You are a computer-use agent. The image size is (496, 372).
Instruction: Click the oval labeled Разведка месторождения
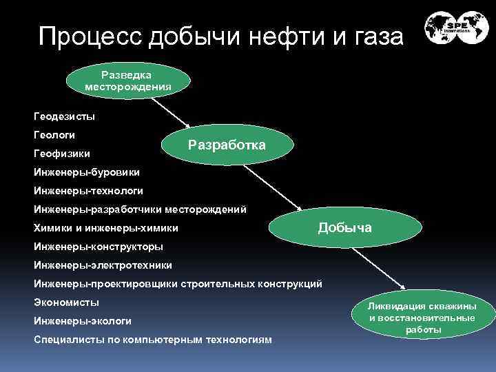tap(128, 81)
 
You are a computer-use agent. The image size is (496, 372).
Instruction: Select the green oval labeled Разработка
tap(227, 145)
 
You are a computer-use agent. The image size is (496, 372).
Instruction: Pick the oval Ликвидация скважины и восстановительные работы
tap(422, 318)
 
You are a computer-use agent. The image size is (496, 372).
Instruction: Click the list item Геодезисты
tap(64, 116)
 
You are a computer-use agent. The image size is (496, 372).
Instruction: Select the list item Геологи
tap(54, 134)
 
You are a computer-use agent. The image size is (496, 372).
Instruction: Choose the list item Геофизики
tap(61, 153)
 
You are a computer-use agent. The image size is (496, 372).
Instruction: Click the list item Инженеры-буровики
tap(86, 172)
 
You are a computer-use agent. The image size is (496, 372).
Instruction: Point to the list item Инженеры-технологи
tap(88, 190)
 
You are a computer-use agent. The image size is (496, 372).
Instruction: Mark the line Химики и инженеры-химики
tap(105, 227)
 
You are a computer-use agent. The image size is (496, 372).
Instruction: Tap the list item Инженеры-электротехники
tap(103, 265)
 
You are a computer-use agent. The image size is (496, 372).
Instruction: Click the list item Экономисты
tap(66, 302)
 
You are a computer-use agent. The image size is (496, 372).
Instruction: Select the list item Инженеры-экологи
tap(82, 320)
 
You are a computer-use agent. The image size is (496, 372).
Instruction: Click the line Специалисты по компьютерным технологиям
tap(152, 339)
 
